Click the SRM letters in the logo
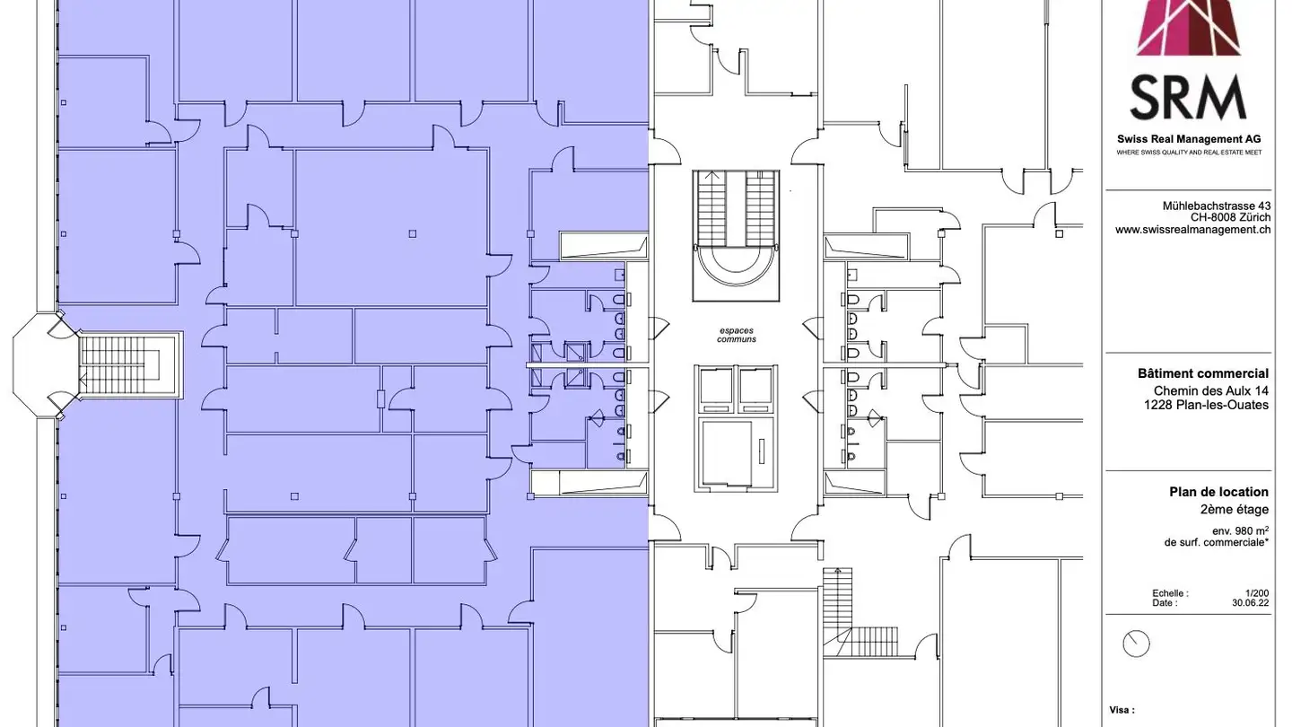pos(1188,98)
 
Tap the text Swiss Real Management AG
pos(1189,139)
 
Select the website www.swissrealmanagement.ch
pos(1192,230)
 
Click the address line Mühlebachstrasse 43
pos(1217,206)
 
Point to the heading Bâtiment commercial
pos(1203,373)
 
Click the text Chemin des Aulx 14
pos(1210,390)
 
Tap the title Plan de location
pos(1218,492)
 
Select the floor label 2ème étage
pos(1235,510)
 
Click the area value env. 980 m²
pos(1240,530)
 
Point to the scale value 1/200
pos(1257,593)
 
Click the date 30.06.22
pos(1250,603)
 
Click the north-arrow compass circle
pos(1136,644)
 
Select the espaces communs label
pos(737,336)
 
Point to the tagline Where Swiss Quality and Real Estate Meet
pos(1189,153)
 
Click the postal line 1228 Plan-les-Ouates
pos(1206,405)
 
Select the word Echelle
pos(1170,593)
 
